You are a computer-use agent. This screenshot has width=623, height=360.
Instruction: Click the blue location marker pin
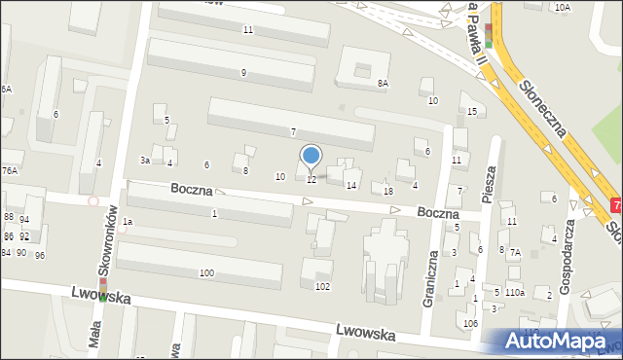(311, 156)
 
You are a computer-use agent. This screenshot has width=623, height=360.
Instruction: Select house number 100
(206, 273)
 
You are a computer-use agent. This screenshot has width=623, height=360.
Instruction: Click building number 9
(243, 73)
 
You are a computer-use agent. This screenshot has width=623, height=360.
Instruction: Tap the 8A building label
(383, 84)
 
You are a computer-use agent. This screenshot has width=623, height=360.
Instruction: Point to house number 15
(472, 112)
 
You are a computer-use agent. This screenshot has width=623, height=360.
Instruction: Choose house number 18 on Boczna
(388, 191)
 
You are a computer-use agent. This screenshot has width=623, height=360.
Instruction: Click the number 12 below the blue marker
(311, 180)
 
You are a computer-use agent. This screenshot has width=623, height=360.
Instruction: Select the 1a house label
(127, 223)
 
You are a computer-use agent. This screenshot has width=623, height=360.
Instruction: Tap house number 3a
(144, 160)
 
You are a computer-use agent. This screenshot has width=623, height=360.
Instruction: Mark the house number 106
(470, 323)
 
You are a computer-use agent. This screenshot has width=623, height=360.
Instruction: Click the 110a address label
(515, 292)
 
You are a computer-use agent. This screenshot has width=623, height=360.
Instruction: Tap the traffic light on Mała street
(102, 288)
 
